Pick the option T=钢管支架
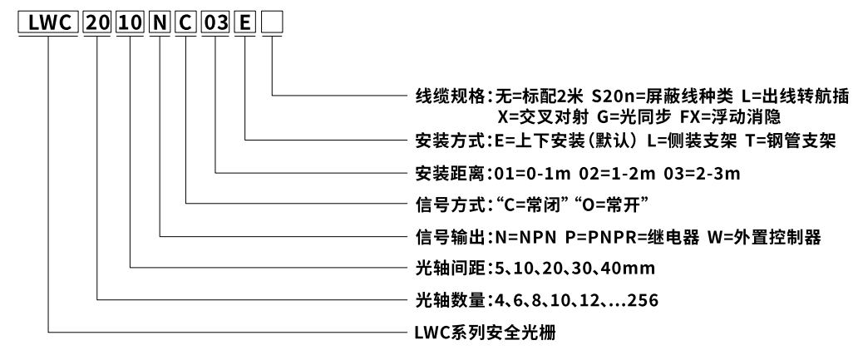(789, 141)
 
